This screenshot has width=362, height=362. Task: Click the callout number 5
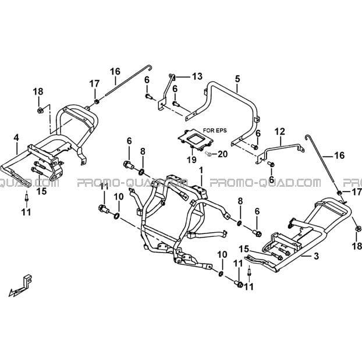pos(237,79)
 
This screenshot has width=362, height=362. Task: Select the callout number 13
pos(197,76)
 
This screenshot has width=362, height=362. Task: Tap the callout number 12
pos(279,132)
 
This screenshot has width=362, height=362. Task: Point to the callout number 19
pos(191,159)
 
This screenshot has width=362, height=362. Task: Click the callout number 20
pos(222,154)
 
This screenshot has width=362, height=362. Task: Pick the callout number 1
pos(201,171)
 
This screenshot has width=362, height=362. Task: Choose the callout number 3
pos(316,256)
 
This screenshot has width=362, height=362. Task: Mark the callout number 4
pos(16,138)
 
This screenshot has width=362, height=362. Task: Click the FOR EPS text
pos(215,130)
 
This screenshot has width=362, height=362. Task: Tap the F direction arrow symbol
pos(20,286)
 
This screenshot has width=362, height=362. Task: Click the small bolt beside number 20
pos(208,153)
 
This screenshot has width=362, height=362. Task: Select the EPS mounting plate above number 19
pos(195,140)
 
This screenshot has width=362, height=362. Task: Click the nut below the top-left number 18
pos(40,111)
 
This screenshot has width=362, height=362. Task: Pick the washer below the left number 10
pos(117,216)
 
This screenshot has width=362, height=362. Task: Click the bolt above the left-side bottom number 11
pos(27,198)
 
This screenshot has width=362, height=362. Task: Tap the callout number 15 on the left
pos(42,191)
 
